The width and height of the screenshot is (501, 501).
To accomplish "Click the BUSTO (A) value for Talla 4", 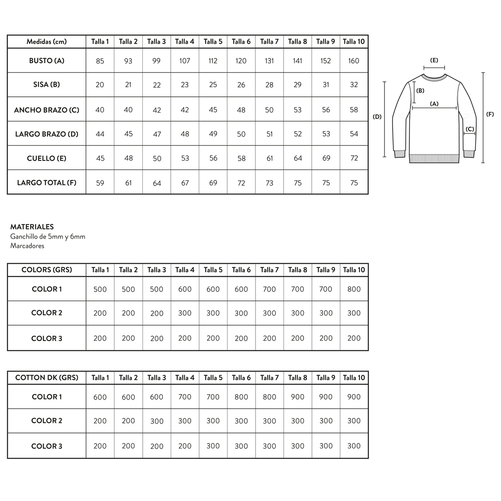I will click(185, 61).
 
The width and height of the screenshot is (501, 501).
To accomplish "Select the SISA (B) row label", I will click(47, 85).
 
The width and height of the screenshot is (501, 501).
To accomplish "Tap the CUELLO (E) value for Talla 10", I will click(354, 158).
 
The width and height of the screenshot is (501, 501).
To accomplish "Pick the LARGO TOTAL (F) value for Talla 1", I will click(100, 183).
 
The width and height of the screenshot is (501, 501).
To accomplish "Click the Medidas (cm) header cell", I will click(47, 42).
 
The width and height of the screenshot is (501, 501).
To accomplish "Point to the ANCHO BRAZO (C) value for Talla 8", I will click(298, 110).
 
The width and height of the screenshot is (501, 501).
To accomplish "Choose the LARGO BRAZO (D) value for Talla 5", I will click(213, 134).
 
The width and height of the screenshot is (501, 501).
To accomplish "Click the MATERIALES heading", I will click(32, 227).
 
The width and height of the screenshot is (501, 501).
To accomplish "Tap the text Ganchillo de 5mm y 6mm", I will click(48, 237).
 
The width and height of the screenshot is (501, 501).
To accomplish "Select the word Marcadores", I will click(27, 246).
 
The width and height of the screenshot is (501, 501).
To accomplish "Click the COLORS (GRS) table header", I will click(47, 270).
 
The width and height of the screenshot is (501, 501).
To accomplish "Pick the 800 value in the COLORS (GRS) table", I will click(354, 289).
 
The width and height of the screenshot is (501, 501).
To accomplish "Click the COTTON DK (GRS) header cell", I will click(47, 378).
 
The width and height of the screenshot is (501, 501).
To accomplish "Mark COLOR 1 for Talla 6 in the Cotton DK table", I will click(241, 397).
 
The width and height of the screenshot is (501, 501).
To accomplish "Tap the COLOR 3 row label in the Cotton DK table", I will click(47, 446).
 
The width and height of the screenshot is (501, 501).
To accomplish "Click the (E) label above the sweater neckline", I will click(434, 61).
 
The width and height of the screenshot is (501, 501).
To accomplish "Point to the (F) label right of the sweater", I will click(490, 114).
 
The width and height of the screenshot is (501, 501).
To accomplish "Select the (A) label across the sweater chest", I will click(434, 104).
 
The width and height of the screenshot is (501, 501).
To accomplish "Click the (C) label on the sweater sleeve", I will click(470, 129).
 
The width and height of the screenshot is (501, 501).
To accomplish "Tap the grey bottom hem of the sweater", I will click(434, 159).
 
